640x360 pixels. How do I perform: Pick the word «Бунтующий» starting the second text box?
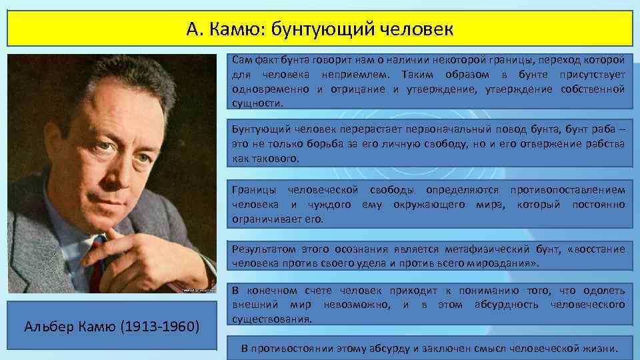point(259,130)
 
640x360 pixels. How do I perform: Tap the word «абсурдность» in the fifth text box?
point(511,305)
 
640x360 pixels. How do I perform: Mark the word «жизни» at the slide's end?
point(601,349)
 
